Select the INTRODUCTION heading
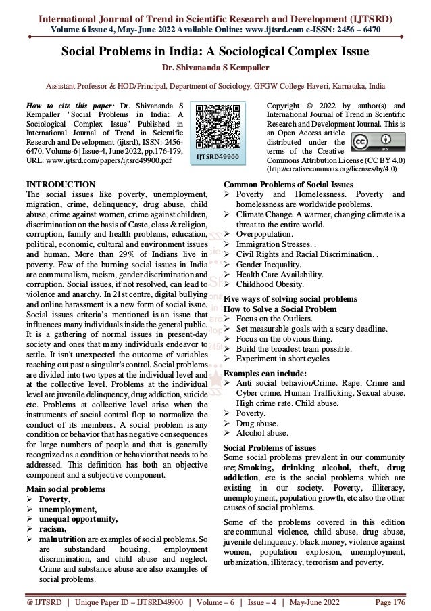point(60,184)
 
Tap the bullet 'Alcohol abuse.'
point(265,432)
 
